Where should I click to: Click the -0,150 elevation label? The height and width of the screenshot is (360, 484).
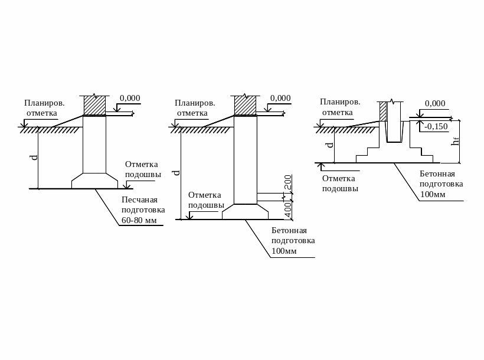[436, 126]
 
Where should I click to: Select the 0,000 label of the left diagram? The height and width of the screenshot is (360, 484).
[130, 98]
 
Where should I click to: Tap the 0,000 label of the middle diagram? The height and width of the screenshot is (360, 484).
[280, 98]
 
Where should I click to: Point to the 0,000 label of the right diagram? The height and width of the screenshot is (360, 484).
[435, 103]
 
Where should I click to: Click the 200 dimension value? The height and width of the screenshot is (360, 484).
[288, 182]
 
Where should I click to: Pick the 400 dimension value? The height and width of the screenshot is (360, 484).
[288, 208]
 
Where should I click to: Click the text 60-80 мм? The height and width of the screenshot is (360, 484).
[139, 221]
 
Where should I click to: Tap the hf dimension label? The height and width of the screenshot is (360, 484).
[455, 141]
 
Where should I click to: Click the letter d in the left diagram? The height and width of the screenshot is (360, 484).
[34, 158]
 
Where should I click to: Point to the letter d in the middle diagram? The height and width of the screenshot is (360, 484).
[175, 172]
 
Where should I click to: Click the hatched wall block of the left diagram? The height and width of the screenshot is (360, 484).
[94, 105]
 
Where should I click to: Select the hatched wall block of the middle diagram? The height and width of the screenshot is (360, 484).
[245, 105]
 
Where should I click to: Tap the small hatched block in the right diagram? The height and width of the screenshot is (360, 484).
[382, 111]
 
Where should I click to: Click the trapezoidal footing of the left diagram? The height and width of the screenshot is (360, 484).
[94, 181]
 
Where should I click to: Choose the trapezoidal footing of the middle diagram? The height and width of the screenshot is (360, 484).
[245, 212]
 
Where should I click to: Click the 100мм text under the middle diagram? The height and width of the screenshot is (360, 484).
[284, 251]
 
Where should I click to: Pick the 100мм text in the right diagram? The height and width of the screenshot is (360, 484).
[433, 194]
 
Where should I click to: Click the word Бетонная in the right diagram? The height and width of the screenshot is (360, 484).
[437, 174]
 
